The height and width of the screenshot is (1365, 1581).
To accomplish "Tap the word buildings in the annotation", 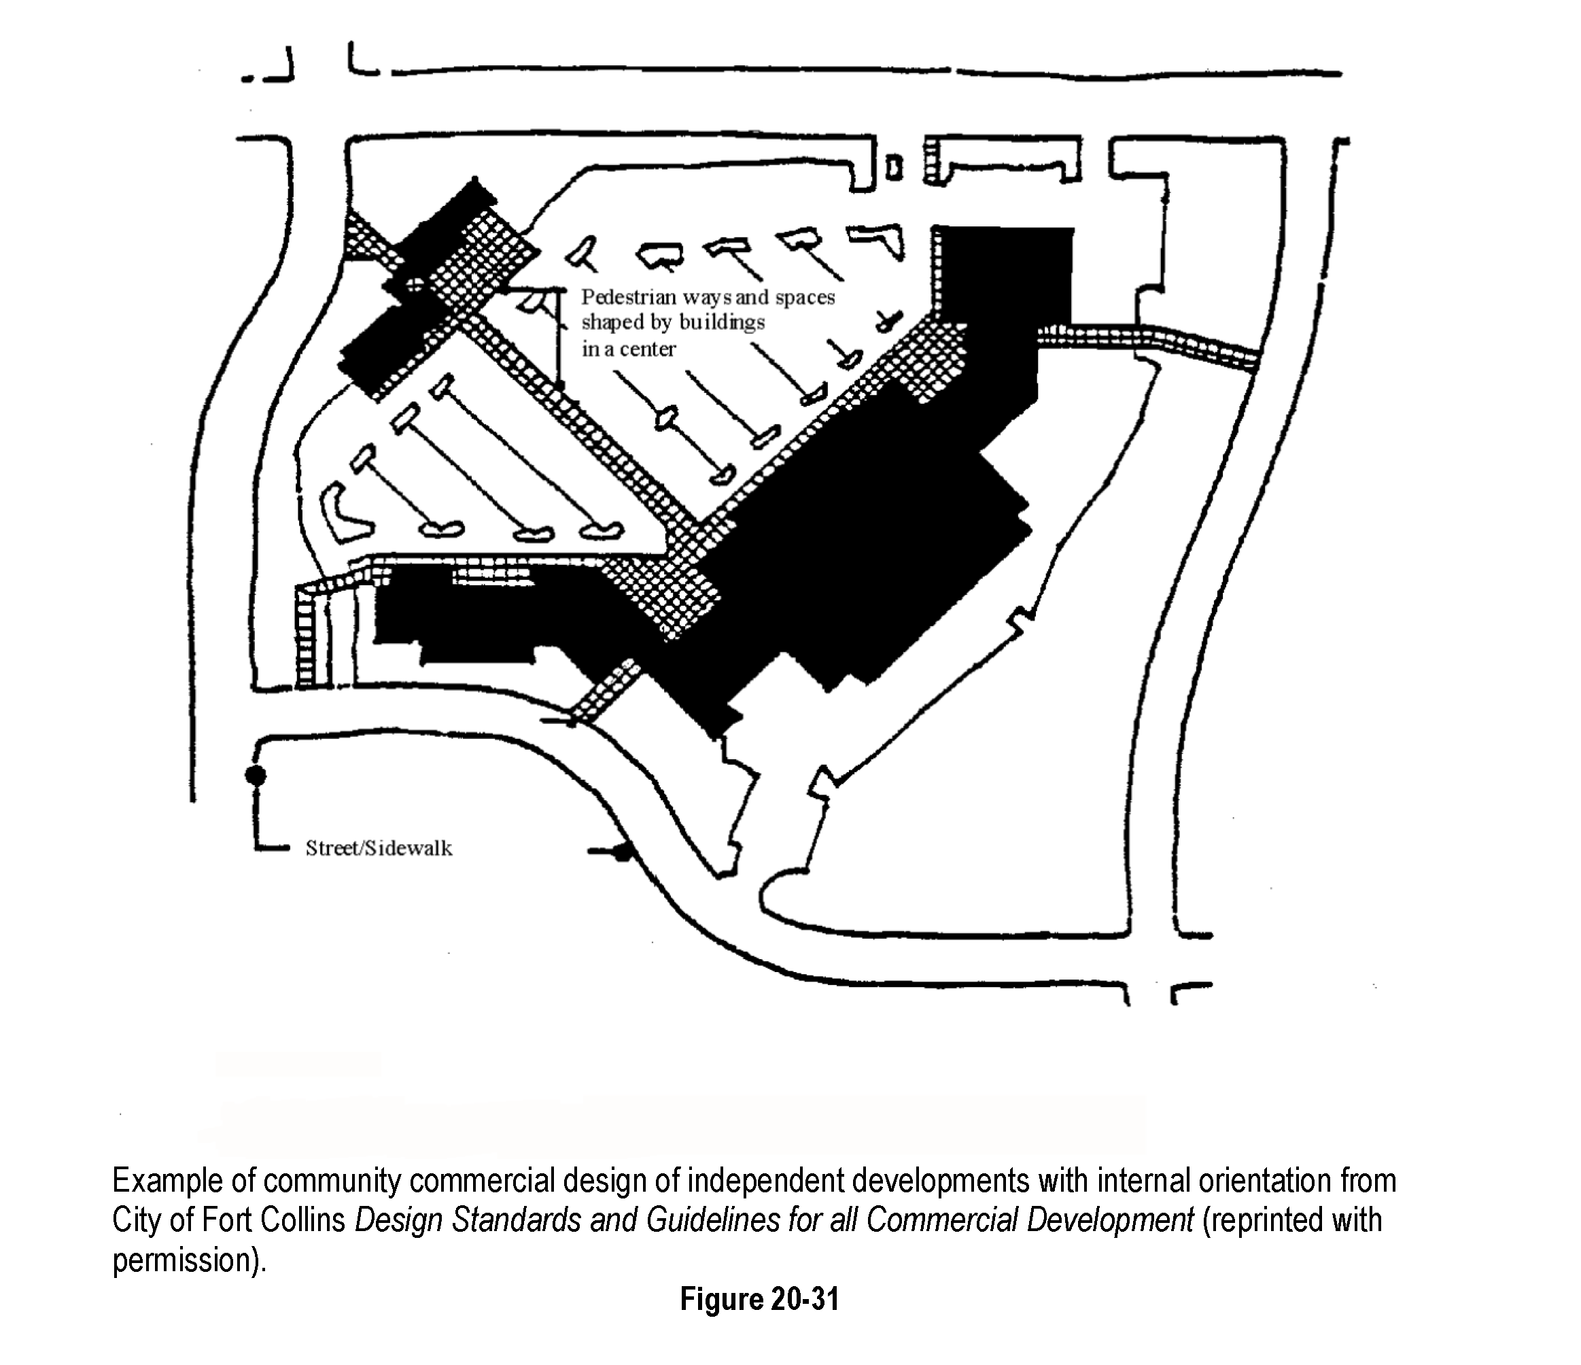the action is pyautogui.click(x=721, y=323).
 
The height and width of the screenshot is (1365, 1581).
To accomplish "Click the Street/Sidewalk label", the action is pyautogui.click(x=379, y=848).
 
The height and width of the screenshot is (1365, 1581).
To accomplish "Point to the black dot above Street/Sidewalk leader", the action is pyautogui.click(x=256, y=775).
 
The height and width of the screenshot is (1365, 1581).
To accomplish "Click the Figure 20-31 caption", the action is pyautogui.click(x=759, y=1298).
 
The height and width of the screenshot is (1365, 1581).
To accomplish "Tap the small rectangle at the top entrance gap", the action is pyautogui.click(x=894, y=167).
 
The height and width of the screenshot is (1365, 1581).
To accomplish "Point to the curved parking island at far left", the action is pyautogui.click(x=343, y=511).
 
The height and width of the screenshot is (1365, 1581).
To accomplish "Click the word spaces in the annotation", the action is pyautogui.click(x=805, y=297).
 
